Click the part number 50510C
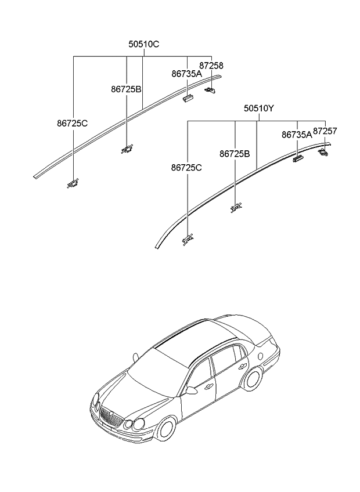(143, 44)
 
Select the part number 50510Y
(258, 108)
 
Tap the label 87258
(211, 66)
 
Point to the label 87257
(325, 132)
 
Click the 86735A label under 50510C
(186, 74)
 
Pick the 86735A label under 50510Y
(297, 135)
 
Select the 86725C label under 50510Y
(186, 168)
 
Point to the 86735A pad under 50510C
(187, 97)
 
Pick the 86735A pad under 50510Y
(298, 157)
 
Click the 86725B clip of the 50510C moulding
(127, 150)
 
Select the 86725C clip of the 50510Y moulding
(188, 239)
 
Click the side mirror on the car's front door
(190, 390)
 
